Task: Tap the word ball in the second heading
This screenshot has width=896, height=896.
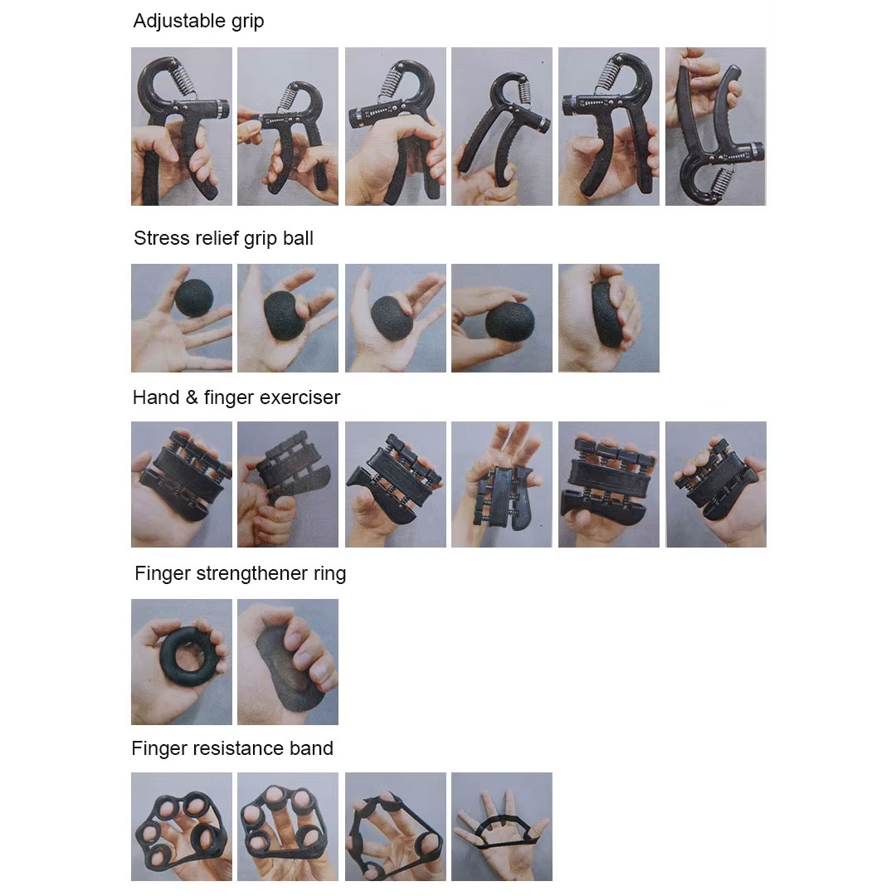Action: coord(298,238)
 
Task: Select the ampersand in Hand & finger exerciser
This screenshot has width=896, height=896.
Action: coord(192,397)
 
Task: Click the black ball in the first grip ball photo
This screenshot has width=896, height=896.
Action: coord(193,298)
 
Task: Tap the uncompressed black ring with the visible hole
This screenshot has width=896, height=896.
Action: coord(189,656)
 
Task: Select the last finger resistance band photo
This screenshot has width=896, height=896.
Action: coord(502,826)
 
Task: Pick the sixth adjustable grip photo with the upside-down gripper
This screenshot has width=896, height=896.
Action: coord(715,126)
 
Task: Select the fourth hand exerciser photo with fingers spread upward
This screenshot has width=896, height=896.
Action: coord(502,485)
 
